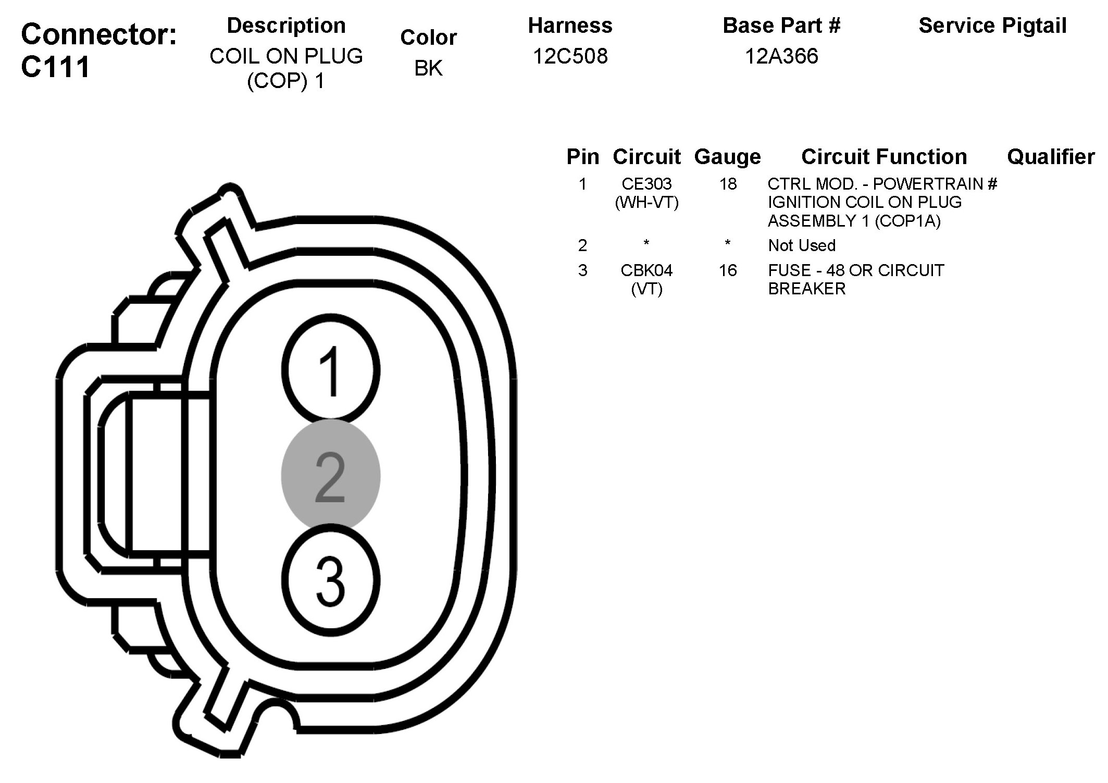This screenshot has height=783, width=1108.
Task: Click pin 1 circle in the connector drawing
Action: point(330,370)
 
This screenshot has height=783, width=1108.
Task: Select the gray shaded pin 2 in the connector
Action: point(330,476)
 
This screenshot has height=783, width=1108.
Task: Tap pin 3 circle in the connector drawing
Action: point(330,580)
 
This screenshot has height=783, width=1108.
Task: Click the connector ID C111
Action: point(55,67)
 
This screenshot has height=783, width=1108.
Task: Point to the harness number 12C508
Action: point(570,56)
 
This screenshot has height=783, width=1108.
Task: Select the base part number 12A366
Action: point(781,56)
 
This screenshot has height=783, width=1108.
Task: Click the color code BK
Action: point(428,68)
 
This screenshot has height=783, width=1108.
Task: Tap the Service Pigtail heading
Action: point(992,26)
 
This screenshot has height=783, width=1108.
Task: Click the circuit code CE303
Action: point(646,184)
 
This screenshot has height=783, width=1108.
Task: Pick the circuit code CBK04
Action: point(646,270)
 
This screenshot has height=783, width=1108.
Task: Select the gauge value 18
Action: point(728,184)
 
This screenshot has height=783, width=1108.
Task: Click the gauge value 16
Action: point(728,270)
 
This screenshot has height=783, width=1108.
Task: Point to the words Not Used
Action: point(802,245)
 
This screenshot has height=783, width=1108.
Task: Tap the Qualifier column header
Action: point(1050,157)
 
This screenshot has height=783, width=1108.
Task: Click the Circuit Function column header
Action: point(884,157)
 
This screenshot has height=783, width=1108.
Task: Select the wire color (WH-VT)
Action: point(646,202)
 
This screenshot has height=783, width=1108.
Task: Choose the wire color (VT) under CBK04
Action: point(646,289)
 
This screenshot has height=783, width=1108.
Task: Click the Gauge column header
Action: point(727,157)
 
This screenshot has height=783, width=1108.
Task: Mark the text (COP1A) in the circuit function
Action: point(907,221)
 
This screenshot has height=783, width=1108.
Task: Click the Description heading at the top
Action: point(286,26)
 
